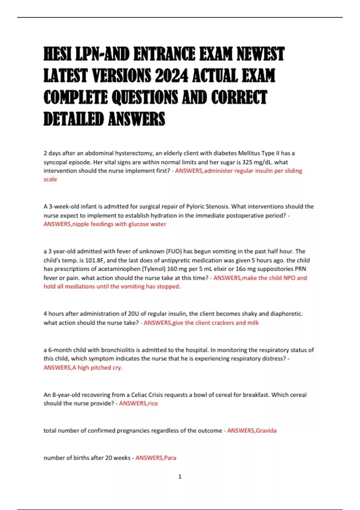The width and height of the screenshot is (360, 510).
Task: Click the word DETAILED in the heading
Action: click(74, 119)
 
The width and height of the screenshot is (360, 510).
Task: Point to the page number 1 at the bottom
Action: click(180, 476)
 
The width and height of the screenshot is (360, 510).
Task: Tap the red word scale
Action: click(50, 179)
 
